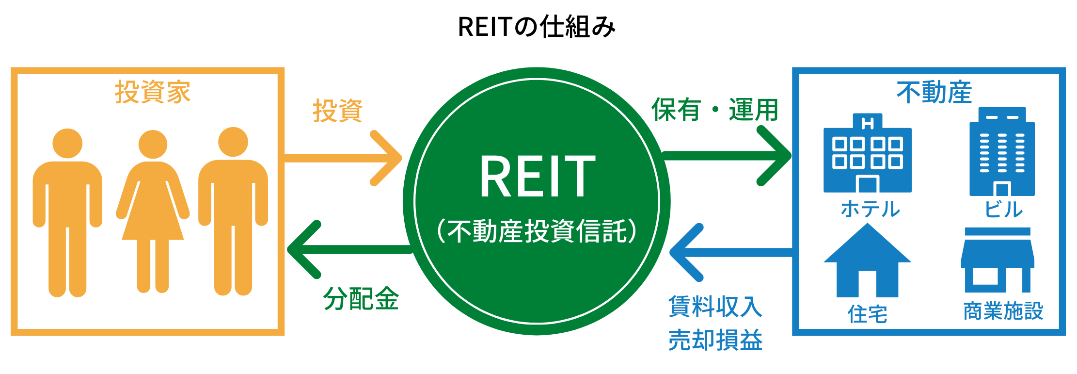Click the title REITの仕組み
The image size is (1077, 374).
pos(537,27)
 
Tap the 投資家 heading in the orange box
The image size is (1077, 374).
pos(153,92)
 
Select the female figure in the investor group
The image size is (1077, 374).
pos(153,211)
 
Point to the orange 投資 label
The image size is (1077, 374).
pos(338,111)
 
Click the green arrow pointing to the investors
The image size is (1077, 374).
pos(349,249)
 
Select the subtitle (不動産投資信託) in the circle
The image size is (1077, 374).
pos(537,231)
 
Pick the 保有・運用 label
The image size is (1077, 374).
pos(715,110)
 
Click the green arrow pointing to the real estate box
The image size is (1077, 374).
pos(727,156)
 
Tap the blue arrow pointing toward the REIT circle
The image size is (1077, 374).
pos(731,252)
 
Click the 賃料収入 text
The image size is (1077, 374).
pos(715,307)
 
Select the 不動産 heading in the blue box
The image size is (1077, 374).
pos(934,92)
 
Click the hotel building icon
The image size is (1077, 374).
pos(868,153)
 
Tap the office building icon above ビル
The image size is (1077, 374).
pos(1002,151)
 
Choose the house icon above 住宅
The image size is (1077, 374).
pos(868,260)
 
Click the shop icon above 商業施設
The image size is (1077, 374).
pos(998,260)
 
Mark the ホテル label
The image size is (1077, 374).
pos(871,209)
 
